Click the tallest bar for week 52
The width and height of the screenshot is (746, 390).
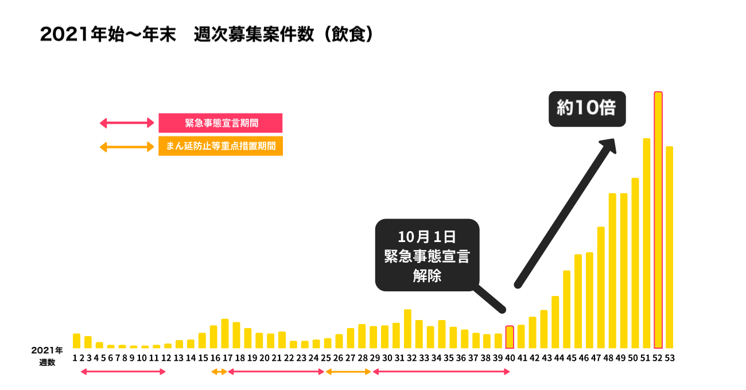click(658, 220)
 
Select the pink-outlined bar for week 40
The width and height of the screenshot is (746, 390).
click(510, 337)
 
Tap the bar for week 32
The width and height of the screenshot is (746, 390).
click(407, 329)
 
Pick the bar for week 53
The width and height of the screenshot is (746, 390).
click(669, 247)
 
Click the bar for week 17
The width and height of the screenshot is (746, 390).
click(225, 334)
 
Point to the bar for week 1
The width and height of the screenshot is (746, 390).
click(76, 341)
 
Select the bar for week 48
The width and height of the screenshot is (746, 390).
click(612, 271)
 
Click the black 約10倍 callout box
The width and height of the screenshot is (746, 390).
click(587, 108)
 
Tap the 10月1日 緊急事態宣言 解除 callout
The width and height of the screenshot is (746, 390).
click(426, 255)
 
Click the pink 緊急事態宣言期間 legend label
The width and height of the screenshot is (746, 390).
click(220, 123)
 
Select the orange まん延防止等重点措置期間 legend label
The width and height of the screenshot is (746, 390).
click(220, 146)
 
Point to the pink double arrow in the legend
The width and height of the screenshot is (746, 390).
click(127, 123)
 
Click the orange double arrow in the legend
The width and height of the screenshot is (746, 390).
click(127, 147)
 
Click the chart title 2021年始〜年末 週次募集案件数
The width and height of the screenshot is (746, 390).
click(207, 34)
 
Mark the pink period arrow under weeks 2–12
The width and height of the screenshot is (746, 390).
click(123, 372)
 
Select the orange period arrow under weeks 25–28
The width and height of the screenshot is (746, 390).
click(349, 372)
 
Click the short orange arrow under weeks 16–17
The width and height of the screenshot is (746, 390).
click(219, 372)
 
